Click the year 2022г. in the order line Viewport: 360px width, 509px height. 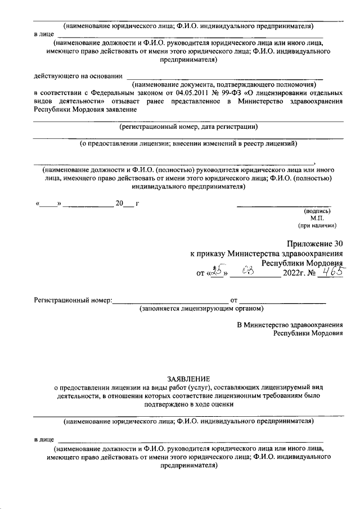(x=296, y=274)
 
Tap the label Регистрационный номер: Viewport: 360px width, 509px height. (x=73, y=300)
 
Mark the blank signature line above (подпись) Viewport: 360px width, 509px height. (x=283, y=205)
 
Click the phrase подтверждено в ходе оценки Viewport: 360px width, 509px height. (x=188, y=403)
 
